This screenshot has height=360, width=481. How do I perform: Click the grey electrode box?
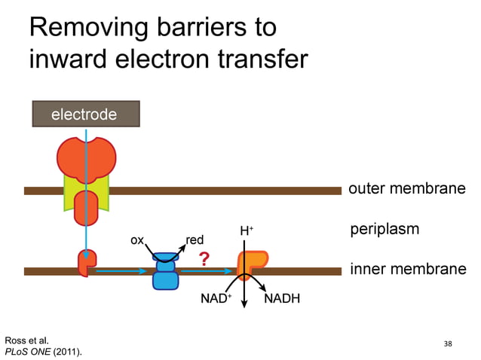click(x=85, y=114)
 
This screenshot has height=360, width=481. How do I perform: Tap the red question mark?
click(x=204, y=260)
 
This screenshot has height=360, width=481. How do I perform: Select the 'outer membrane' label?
click(x=406, y=188)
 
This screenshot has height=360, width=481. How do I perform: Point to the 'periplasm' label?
click(x=384, y=228)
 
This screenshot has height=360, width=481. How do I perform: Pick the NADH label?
click(x=283, y=299)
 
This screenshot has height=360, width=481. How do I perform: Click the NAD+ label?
click(x=216, y=299)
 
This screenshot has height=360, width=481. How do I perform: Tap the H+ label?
click(x=247, y=231)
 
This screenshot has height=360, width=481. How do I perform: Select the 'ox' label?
click(x=137, y=240)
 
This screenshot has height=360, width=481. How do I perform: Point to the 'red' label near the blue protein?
click(x=195, y=240)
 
